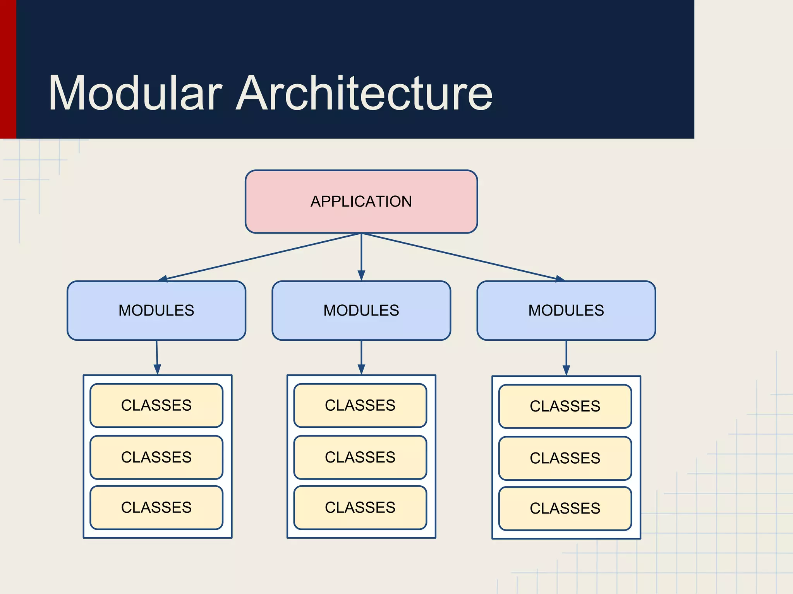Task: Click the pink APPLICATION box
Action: click(x=361, y=201)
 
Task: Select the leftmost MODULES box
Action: click(x=156, y=311)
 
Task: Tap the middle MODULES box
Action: click(x=361, y=311)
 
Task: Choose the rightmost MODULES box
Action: click(x=566, y=311)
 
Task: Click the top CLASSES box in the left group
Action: click(x=156, y=405)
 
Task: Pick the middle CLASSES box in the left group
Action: click(x=156, y=457)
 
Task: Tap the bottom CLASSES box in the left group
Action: click(x=156, y=507)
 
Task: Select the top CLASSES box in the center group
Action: click(x=360, y=405)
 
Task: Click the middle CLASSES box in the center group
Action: click(x=360, y=457)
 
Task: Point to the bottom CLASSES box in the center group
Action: click(x=360, y=507)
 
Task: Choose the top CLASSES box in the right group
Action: click(x=565, y=406)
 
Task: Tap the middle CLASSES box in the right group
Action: click(x=565, y=458)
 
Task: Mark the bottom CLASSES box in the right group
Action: click(x=565, y=508)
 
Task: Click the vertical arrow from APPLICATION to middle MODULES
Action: click(x=361, y=257)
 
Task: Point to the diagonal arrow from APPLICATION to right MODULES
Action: click(x=463, y=257)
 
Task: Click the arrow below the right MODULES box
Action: click(x=566, y=358)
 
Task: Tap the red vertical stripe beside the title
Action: click(x=8, y=70)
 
